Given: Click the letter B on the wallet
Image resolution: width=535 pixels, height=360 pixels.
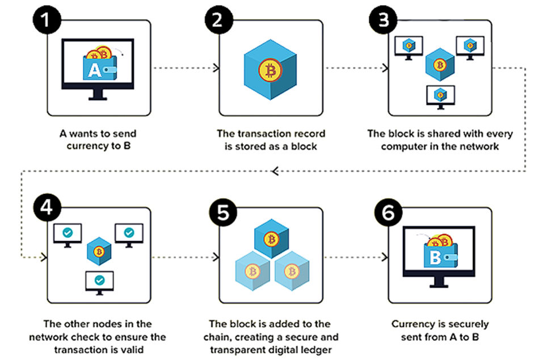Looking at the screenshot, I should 435,258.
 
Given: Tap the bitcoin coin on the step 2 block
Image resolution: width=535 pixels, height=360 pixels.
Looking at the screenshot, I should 269,71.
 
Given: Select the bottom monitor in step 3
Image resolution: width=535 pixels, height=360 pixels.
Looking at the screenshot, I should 439,95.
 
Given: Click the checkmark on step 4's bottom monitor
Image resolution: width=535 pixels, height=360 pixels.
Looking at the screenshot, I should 99,280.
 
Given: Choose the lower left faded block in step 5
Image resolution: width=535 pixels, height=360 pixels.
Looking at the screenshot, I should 251,270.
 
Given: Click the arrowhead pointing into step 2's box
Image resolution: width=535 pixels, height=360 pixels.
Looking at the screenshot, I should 217,69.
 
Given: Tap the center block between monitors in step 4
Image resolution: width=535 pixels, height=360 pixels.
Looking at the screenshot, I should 99,251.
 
